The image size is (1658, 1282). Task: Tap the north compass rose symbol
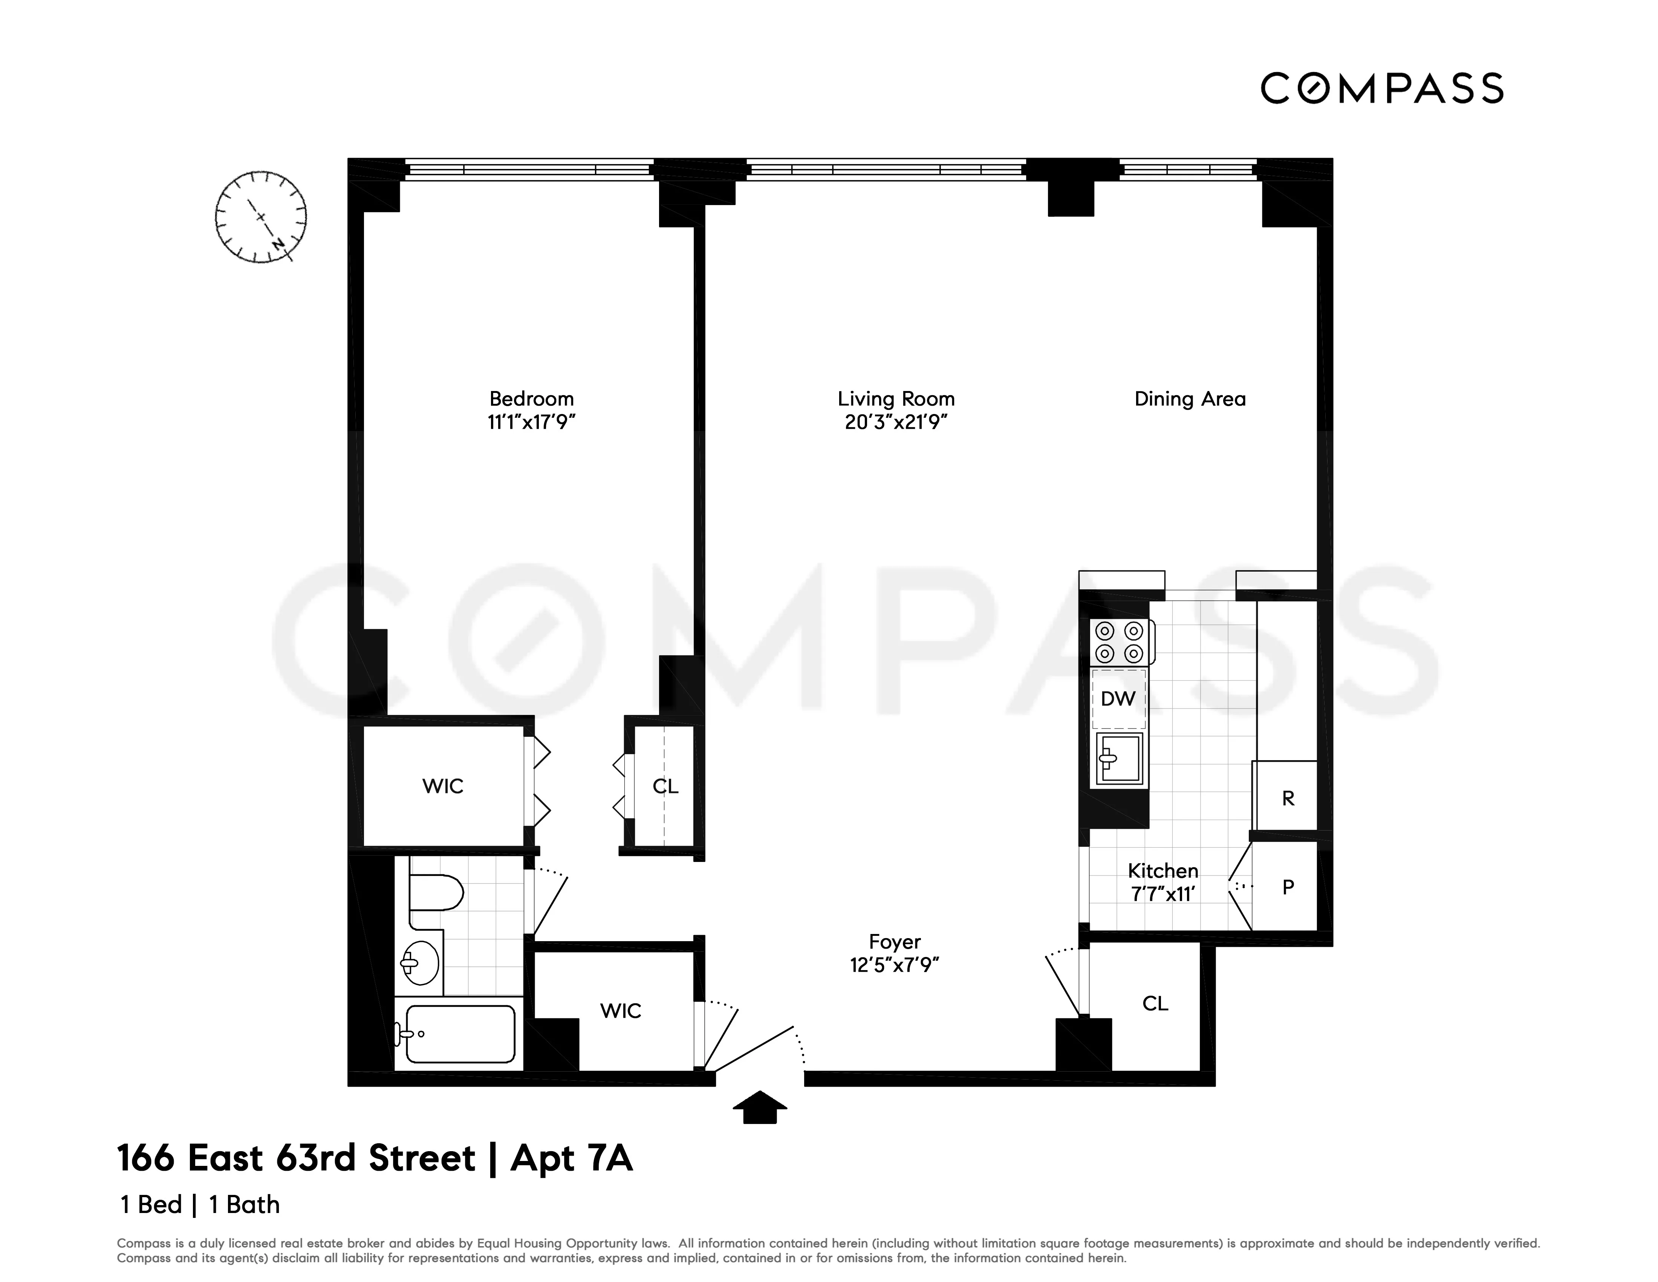pos(260,217)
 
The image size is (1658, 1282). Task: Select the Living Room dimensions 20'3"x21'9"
pos(896,422)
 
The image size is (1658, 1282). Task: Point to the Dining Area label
pos(1190,399)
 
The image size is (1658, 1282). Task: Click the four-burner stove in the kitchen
pos(1120,642)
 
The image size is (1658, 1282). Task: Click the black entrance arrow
pos(759,1107)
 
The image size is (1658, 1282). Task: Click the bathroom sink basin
pos(420,963)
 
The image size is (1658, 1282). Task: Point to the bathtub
pos(459,1034)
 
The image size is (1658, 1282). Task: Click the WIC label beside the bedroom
pos(443,786)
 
